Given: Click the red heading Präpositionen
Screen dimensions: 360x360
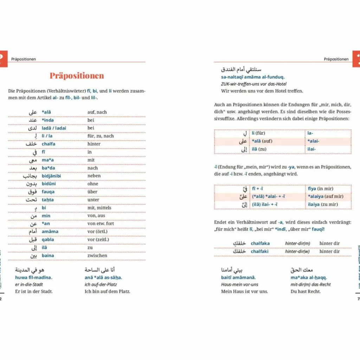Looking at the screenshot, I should (x=77, y=76).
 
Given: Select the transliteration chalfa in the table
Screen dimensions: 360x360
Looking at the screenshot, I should (x=49, y=144).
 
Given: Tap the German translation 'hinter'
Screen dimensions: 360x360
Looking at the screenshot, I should (x=94, y=144).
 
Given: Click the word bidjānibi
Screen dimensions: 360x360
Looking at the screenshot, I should (x=51, y=176).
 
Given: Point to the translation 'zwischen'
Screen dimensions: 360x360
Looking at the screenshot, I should (x=97, y=256).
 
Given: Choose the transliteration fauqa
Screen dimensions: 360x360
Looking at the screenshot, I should (x=48, y=192).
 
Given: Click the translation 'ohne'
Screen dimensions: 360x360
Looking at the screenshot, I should (x=92, y=184).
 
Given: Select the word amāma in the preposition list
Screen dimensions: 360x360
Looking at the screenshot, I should (x=50, y=232).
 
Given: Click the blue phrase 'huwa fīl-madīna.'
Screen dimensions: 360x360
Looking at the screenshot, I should (x=33, y=277).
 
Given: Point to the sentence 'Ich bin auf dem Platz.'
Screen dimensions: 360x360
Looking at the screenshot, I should (x=107, y=291).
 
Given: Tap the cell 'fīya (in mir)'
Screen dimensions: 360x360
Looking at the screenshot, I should (x=320, y=189).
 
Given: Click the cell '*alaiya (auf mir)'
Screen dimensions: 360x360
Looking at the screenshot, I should (x=326, y=197).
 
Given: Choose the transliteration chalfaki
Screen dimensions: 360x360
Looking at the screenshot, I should (x=260, y=251).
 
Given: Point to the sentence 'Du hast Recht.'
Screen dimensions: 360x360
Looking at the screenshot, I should (x=306, y=291).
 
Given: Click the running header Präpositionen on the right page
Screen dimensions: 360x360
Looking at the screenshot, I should (x=336, y=59).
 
